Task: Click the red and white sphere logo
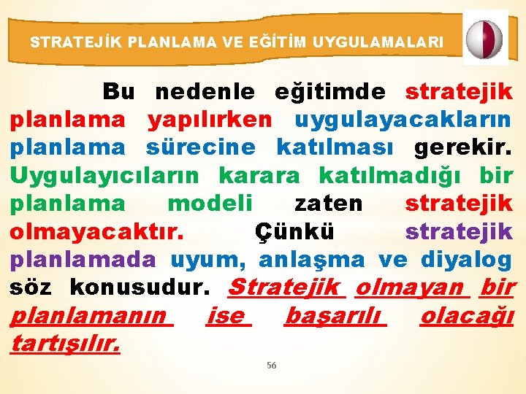(485, 38)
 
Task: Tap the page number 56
(271, 366)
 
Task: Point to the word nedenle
(205, 92)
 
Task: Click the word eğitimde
(329, 92)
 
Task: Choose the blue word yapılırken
(210, 120)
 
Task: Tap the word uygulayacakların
(403, 120)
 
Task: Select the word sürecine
(201, 147)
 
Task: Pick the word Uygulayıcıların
(104, 175)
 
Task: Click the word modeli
(210, 203)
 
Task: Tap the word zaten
(328, 203)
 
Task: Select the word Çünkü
(294, 231)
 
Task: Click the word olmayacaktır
(96, 231)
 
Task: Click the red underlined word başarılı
(335, 317)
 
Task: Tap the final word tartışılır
(65, 344)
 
